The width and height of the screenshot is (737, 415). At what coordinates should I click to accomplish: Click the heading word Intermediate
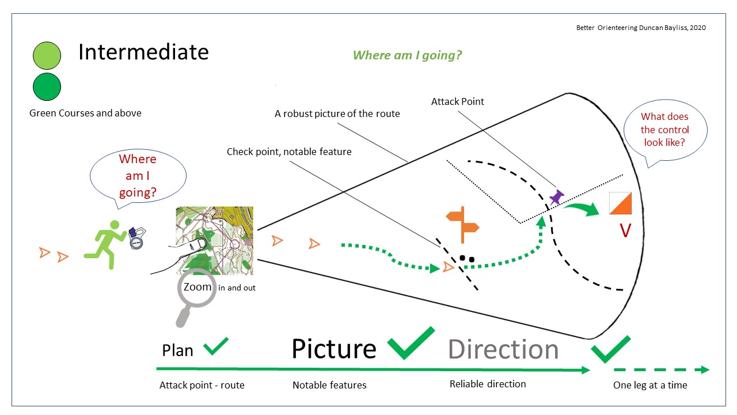point(143,52)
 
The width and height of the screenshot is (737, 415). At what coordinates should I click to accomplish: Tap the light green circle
point(47,56)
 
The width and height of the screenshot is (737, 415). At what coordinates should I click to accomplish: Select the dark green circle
point(47,87)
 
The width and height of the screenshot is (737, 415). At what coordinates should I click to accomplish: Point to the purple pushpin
point(556,198)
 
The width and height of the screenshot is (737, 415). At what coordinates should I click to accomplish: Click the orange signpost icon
point(462,224)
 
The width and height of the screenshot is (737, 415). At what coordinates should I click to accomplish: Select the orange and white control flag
point(620,203)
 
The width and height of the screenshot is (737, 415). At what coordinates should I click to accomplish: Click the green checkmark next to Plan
point(216,346)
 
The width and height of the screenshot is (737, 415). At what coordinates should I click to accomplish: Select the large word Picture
point(333,349)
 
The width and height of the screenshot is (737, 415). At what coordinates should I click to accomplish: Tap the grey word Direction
point(503,350)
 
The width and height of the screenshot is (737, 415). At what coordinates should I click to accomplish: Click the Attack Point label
point(457,101)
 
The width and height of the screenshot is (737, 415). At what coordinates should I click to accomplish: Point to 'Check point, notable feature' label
point(288,152)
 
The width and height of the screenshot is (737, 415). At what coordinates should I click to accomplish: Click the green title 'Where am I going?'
point(407,55)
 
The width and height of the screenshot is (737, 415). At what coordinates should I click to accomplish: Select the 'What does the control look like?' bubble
point(664,130)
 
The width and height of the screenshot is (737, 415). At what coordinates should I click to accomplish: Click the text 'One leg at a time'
point(649,385)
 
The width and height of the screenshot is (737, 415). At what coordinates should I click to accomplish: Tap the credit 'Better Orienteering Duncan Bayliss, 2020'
point(641,28)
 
